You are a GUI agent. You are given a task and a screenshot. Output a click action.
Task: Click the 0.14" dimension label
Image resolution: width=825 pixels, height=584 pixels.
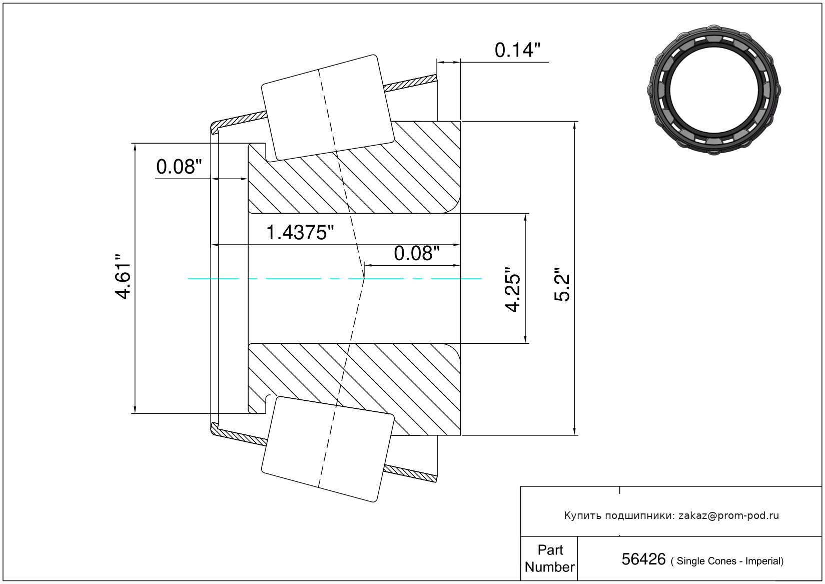click(517, 50)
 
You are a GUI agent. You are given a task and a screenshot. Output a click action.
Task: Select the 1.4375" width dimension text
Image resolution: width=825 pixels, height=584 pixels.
click(300, 233)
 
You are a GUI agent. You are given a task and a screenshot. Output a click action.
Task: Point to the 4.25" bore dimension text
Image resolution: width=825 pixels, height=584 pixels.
click(513, 290)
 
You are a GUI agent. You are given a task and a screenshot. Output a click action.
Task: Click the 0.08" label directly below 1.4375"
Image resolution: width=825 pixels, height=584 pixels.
click(416, 254)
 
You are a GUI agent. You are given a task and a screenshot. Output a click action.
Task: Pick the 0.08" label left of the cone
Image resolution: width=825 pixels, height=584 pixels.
click(179, 167)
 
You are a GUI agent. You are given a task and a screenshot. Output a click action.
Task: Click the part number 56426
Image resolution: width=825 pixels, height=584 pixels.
click(643, 559)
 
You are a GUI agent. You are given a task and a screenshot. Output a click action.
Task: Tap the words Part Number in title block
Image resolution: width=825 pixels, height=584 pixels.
click(549, 558)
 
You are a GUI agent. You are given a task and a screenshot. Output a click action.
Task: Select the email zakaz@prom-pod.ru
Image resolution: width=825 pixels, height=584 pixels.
click(728, 515)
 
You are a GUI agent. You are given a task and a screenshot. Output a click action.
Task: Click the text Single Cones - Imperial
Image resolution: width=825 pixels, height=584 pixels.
click(730, 561)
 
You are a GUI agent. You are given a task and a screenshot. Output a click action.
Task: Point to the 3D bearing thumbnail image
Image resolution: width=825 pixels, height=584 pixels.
click(714, 89)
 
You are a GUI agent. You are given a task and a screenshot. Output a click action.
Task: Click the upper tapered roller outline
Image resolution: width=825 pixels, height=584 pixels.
click(328, 108)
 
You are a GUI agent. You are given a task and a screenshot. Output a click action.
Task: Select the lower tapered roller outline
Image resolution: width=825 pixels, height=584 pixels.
click(328, 449)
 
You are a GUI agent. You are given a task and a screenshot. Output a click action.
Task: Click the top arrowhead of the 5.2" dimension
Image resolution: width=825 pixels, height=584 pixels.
click(574, 125)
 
